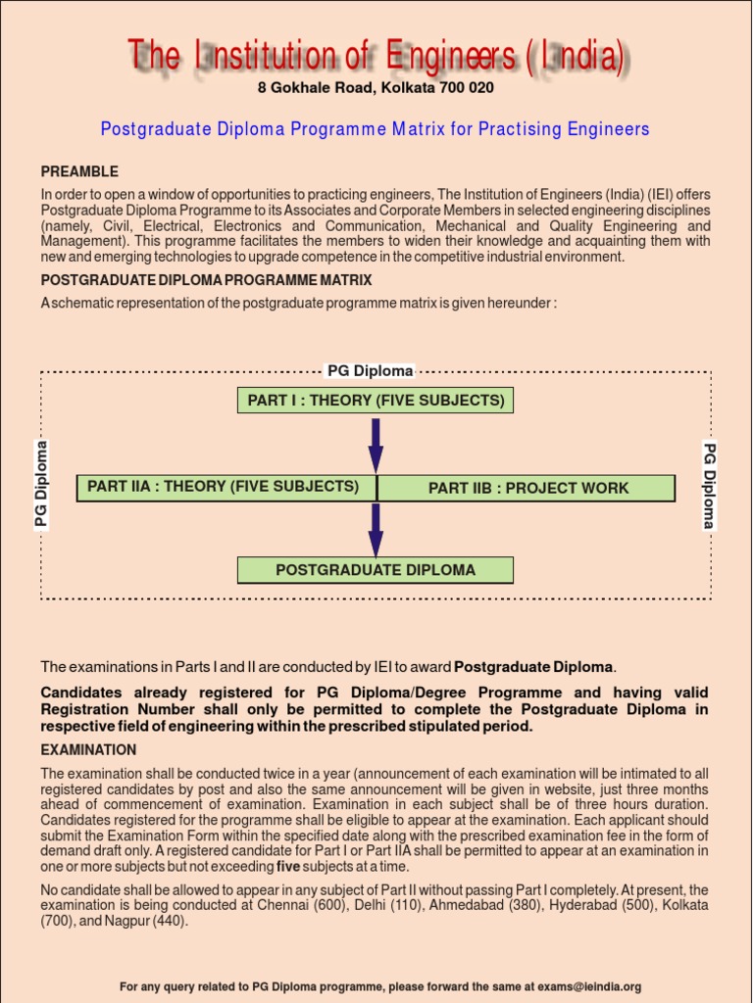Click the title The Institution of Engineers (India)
click(x=376, y=58)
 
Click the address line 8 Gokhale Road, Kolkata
click(x=376, y=88)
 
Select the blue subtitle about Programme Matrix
click(x=376, y=129)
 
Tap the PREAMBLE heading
click(x=79, y=171)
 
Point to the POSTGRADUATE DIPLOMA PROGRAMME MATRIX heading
click(x=206, y=280)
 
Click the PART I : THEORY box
click(x=376, y=401)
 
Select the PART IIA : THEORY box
click(x=226, y=487)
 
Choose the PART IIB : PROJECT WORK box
click(x=527, y=488)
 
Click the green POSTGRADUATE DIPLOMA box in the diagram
click(x=376, y=570)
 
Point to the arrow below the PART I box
click(x=376, y=445)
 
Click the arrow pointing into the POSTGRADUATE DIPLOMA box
click(x=376, y=530)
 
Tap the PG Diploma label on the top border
click(x=370, y=370)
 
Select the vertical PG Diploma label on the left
click(x=41, y=485)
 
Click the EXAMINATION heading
click(x=88, y=749)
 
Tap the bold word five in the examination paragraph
click(x=288, y=867)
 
